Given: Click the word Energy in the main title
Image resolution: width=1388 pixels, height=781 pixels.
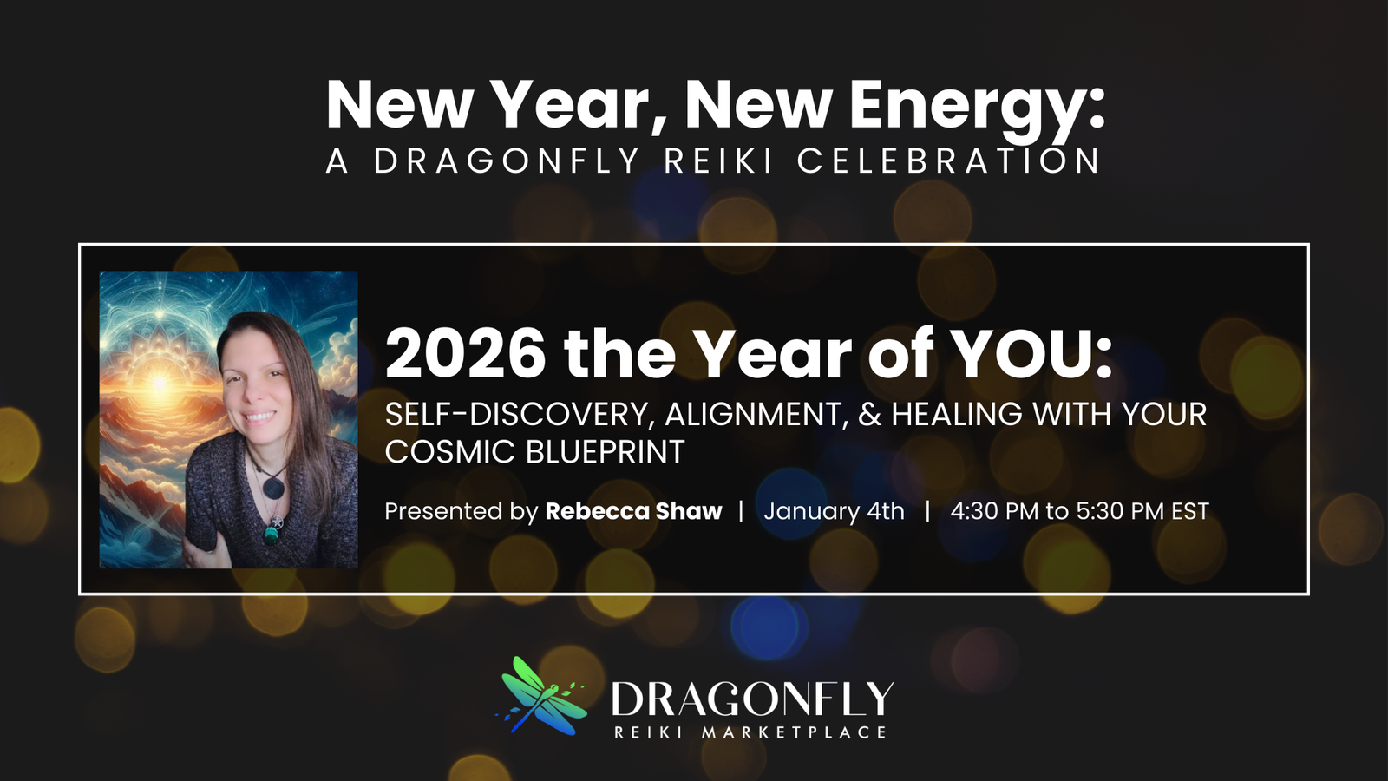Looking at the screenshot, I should (976, 106).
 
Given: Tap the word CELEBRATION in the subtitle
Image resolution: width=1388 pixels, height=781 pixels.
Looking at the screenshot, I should (949, 161).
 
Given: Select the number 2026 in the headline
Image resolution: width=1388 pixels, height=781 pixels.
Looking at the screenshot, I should (466, 354).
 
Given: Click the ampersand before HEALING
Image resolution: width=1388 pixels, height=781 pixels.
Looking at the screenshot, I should (870, 415).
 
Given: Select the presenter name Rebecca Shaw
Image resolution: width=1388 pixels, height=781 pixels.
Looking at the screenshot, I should (633, 511).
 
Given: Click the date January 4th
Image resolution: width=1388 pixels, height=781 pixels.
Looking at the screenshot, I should (834, 511).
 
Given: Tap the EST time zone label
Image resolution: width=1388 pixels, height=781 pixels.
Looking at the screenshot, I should (1190, 511).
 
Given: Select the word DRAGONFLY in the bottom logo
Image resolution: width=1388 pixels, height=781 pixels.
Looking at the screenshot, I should (751, 699).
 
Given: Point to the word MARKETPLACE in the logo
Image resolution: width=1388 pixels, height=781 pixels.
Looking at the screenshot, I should (794, 732).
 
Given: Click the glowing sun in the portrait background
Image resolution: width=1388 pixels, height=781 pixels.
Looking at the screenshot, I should (159, 382).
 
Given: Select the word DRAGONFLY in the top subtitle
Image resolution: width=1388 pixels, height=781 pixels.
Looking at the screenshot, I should (507, 161).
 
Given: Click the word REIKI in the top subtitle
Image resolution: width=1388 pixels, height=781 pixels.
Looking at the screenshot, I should (717, 161).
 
